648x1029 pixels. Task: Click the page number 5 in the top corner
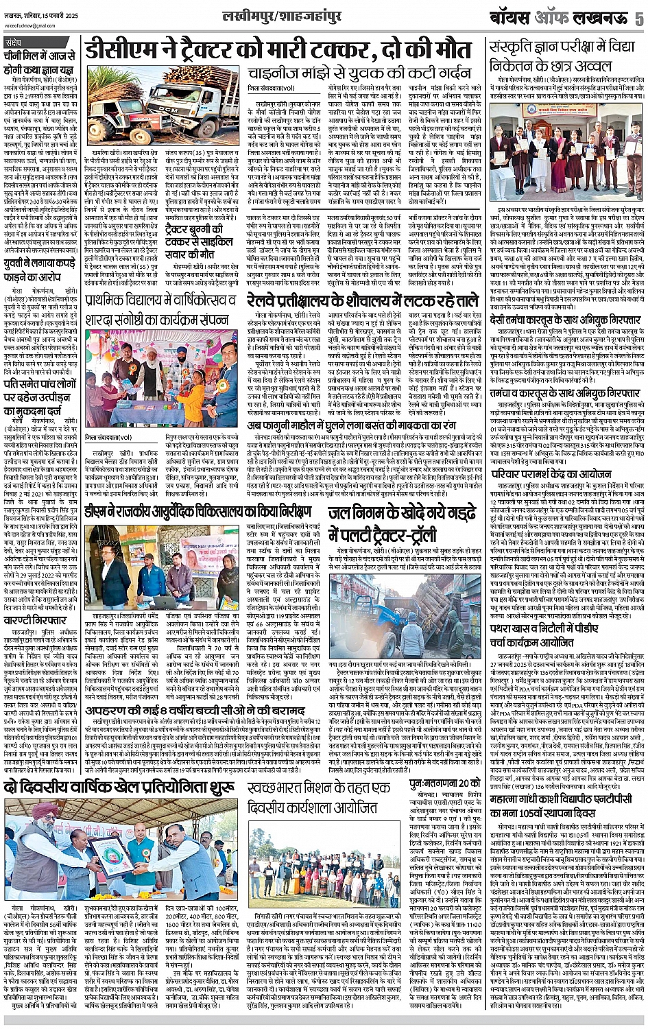[638, 18]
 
